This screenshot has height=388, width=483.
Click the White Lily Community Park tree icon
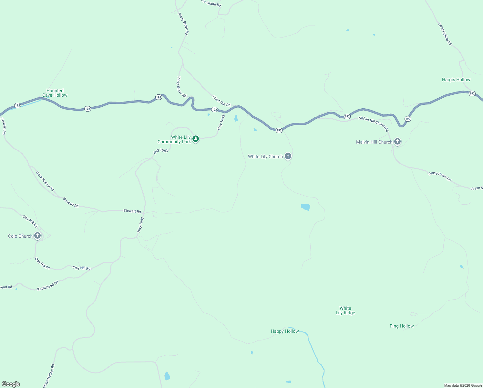click(x=195, y=139)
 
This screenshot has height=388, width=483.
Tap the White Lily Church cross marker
click(x=288, y=156)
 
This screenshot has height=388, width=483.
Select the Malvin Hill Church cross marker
click(x=397, y=142)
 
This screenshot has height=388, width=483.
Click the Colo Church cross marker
click(x=37, y=236)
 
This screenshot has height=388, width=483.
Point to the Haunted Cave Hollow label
click(x=55, y=93)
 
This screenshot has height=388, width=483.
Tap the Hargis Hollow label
click(x=456, y=80)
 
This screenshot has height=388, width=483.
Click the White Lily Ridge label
click(x=345, y=310)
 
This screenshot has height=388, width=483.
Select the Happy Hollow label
click(x=285, y=331)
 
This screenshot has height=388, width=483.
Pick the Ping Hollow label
click(x=402, y=326)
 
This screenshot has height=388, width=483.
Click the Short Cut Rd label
click(x=221, y=101)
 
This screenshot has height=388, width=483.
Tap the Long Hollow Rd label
click(x=445, y=34)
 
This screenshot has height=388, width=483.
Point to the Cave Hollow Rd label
click(x=45, y=181)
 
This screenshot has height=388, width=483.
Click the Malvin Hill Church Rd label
click(x=374, y=124)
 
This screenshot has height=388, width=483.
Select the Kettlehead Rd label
click(x=48, y=286)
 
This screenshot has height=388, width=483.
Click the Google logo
click(x=11, y=384)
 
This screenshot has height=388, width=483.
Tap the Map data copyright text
click(x=463, y=385)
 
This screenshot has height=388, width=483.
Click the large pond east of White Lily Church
click(x=305, y=207)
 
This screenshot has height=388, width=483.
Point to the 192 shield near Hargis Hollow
click(x=472, y=93)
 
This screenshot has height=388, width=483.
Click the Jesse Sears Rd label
click(x=440, y=177)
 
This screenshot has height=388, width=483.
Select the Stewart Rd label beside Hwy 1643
click(x=132, y=211)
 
